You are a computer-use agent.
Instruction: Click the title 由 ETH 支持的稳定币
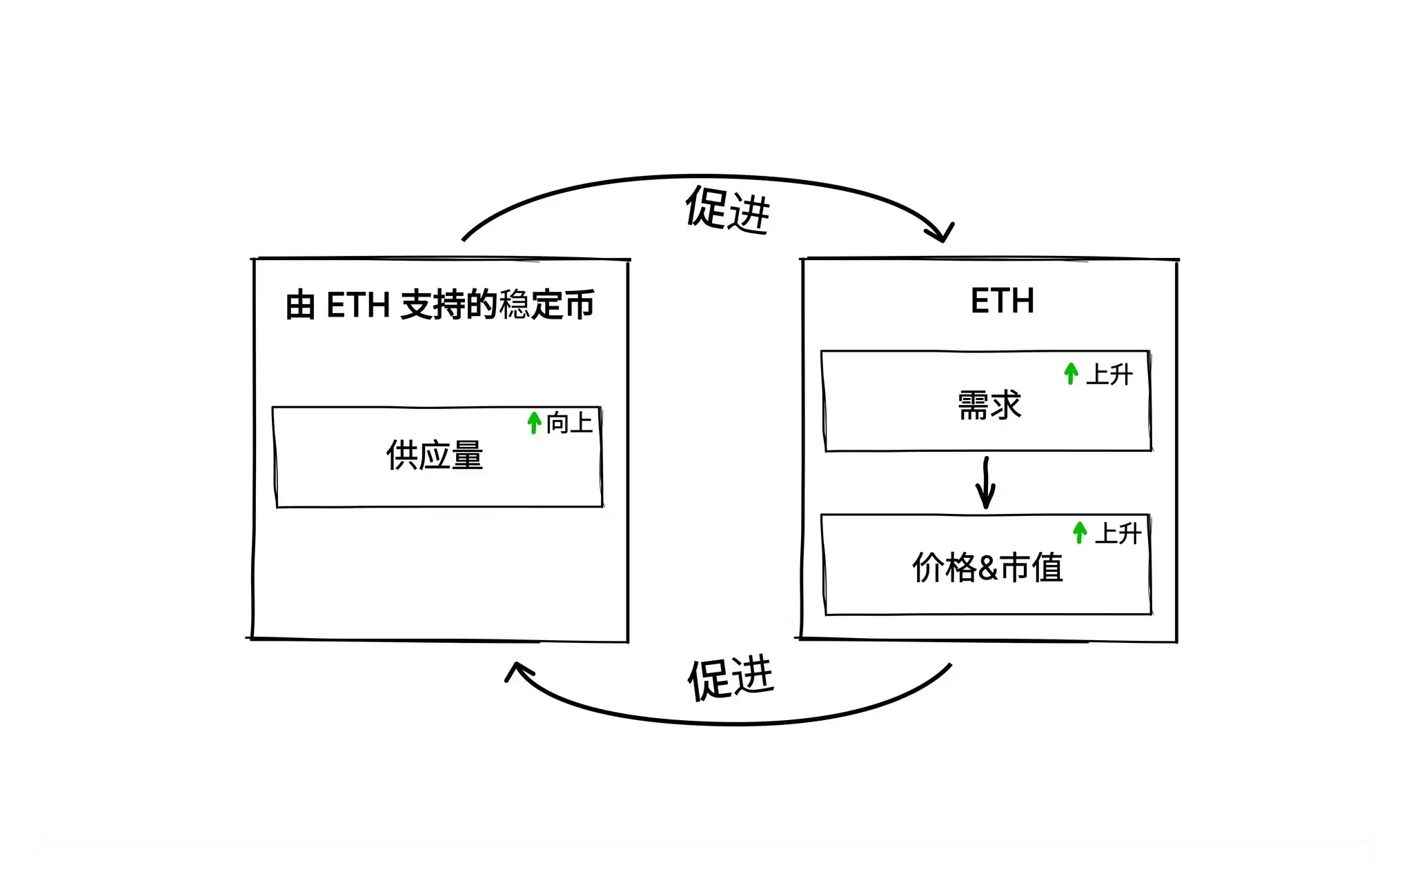click(439, 305)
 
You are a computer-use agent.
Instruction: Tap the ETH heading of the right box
click(1002, 301)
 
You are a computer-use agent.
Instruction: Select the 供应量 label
click(435, 456)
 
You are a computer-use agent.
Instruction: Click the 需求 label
click(989, 405)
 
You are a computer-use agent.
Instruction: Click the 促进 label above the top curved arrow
click(727, 209)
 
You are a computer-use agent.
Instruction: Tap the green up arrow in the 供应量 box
click(533, 422)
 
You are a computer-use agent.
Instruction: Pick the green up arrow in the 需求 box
click(1071, 374)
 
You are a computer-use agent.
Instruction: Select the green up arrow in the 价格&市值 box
click(1080, 533)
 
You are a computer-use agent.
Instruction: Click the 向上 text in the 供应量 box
click(569, 423)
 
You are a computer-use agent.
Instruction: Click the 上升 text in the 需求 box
click(1109, 375)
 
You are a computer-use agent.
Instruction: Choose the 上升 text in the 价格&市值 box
click(1118, 533)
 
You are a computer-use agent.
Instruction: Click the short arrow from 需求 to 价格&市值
click(986, 483)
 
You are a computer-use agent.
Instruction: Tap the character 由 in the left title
click(301, 306)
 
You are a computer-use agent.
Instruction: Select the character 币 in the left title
click(578, 305)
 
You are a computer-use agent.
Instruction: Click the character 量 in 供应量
click(467, 456)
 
